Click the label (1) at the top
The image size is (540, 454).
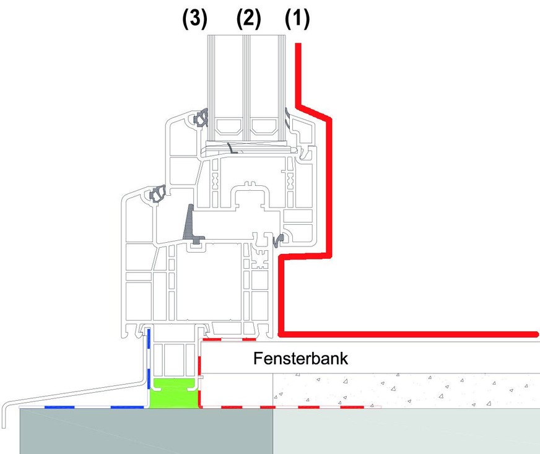[x=297, y=19]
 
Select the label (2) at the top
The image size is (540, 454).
[x=248, y=19]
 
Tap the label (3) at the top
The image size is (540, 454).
[x=194, y=19]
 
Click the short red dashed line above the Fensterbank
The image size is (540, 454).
[x=230, y=339]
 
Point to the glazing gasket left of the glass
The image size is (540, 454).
[x=202, y=118]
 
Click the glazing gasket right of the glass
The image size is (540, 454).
[x=289, y=118]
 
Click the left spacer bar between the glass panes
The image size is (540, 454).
[x=227, y=131]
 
